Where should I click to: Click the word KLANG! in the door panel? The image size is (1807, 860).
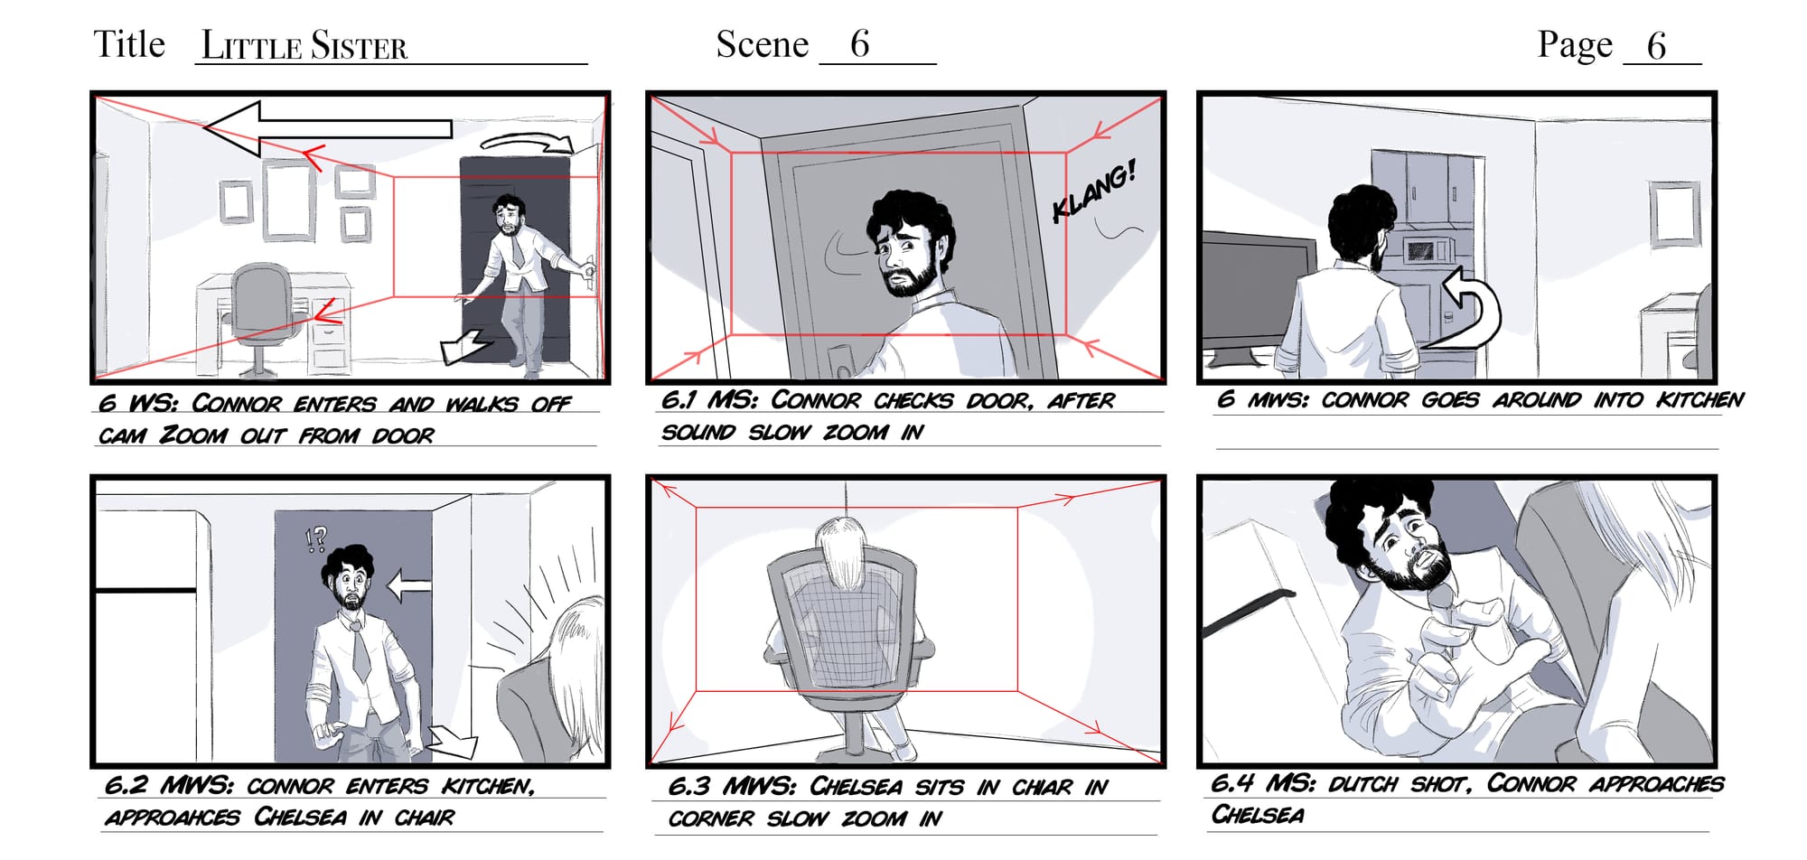point(1094,191)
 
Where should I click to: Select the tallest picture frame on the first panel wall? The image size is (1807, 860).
point(289,200)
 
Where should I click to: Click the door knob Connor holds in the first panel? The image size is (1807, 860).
point(588,267)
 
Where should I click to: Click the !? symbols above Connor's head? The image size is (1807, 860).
point(315,539)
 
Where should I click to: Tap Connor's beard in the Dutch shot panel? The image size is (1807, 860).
point(1409,566)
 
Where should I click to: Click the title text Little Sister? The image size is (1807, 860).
point(304,45)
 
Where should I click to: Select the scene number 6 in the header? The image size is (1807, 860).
point(859,44)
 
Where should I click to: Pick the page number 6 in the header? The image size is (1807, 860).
point(1656,46)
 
